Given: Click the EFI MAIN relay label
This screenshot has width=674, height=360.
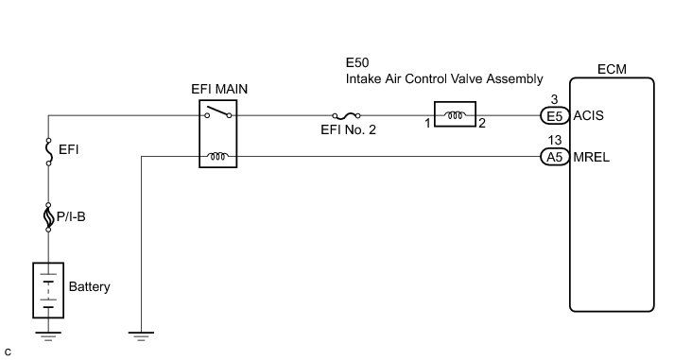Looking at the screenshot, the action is coord(219,89).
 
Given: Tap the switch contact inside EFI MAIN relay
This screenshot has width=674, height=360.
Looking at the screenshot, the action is coord(218,111).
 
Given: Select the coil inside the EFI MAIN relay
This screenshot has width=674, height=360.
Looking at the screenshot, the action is coord(218,156).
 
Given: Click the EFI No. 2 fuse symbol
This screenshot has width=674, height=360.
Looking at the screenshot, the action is coord(347,115).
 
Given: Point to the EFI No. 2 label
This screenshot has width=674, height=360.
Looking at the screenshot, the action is coord(348,129).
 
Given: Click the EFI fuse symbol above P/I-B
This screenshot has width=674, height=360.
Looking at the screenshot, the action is coord(48,151).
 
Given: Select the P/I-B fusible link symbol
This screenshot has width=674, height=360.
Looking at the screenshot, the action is coord(48,217).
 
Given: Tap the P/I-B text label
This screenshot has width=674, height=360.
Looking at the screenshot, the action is coord(71,216).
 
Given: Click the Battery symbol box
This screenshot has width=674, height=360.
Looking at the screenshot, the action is coord(48,290).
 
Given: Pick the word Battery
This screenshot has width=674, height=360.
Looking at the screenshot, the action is coord(90,286).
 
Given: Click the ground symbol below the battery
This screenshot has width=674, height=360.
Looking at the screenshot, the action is coord(48,336).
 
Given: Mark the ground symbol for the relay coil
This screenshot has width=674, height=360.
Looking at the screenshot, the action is coord(141,336).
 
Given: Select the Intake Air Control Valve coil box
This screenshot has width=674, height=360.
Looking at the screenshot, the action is coord(456,114).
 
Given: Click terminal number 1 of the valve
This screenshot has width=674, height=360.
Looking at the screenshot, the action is coord(427,124).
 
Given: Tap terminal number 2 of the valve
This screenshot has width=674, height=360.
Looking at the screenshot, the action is coord(482,124).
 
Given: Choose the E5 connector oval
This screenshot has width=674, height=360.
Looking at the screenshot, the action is coord(555,116).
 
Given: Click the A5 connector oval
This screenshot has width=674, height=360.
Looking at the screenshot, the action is coord(555,157).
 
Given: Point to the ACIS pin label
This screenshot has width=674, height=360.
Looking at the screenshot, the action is coord(589,115).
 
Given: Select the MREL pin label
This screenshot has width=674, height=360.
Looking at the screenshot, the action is coord(592,157).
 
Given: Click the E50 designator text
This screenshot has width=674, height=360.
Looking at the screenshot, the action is coord(357,62).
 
